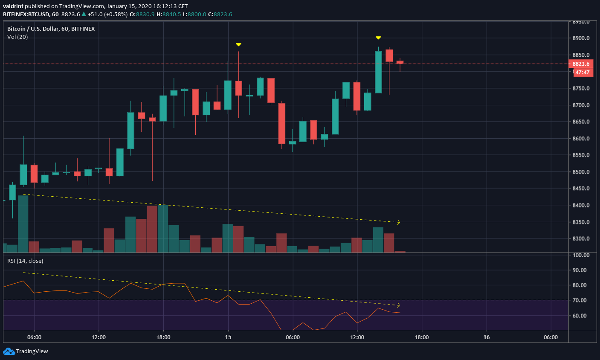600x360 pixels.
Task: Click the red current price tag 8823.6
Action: coord(580,64)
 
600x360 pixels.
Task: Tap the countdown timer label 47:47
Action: coord(582,73)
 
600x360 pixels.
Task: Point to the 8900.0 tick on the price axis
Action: coord(581,38)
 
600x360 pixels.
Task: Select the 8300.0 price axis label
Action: coord(581,239)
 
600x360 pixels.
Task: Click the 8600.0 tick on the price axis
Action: coord(581,139)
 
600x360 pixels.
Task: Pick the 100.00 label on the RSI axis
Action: coord(581,255)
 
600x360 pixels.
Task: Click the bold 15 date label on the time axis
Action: coord(228,337)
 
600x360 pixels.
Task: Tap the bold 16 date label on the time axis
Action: coord(487,337)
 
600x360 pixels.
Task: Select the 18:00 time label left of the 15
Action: coord(163,337)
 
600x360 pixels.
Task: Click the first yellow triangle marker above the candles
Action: coord(238,44)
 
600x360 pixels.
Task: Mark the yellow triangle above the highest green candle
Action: coord(378,38)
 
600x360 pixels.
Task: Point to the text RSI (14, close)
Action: coord(25,261)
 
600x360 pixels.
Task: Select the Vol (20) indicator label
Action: coord(17,37)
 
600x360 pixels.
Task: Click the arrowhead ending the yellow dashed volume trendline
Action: coord(399,222)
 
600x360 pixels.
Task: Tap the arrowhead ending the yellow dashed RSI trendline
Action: coord(399,305)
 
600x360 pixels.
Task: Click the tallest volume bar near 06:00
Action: coord(23,224)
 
